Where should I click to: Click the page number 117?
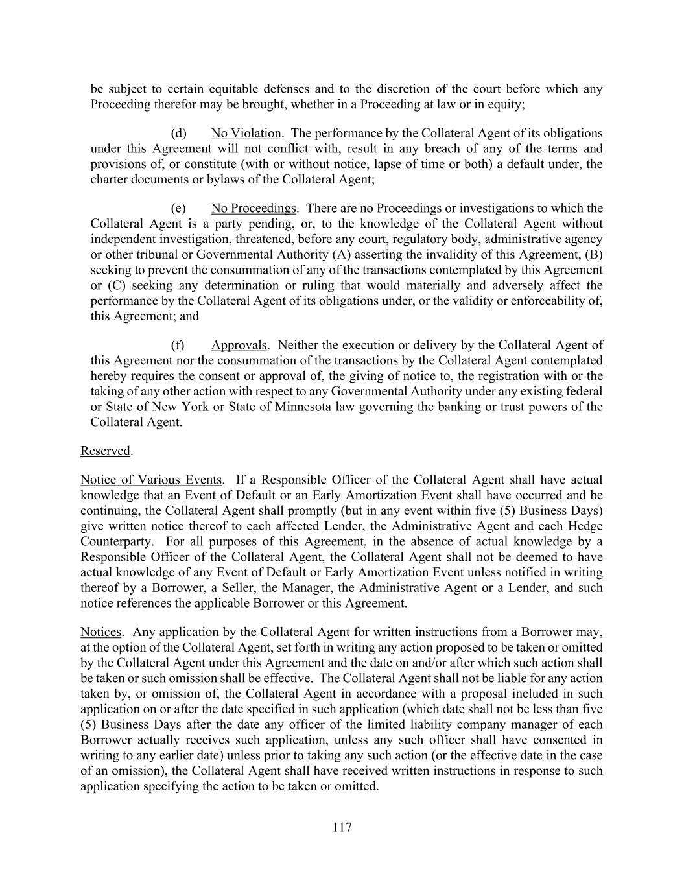(x=342, y=827)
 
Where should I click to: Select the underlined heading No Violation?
(x=246, y=133)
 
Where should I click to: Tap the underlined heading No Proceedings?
(x=253, y=208)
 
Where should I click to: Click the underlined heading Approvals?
(x=239, y=345)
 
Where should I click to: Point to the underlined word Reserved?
(x=105, y=451)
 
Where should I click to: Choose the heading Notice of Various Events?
(x=151, y=480)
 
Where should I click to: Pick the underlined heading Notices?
(x=100, y=631)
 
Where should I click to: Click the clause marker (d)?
(x=178, y=133)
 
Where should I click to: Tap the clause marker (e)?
(x=178, y=208)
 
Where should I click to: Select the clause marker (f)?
(x=178, y=345)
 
